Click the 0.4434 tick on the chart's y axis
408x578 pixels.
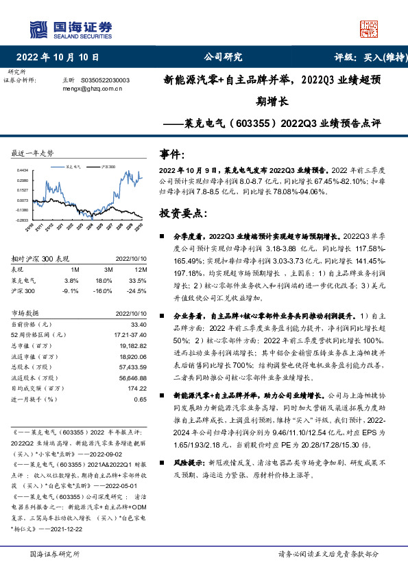23,170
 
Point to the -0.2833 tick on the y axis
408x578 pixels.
22,220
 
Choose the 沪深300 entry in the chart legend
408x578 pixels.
108,165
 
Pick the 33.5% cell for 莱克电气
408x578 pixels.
139,280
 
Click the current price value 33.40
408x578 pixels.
139,323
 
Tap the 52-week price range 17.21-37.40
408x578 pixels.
131,334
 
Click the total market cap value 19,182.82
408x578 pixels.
134,345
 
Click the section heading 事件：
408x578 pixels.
173,154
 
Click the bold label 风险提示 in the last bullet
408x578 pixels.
186,445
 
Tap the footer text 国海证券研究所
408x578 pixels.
55,554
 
